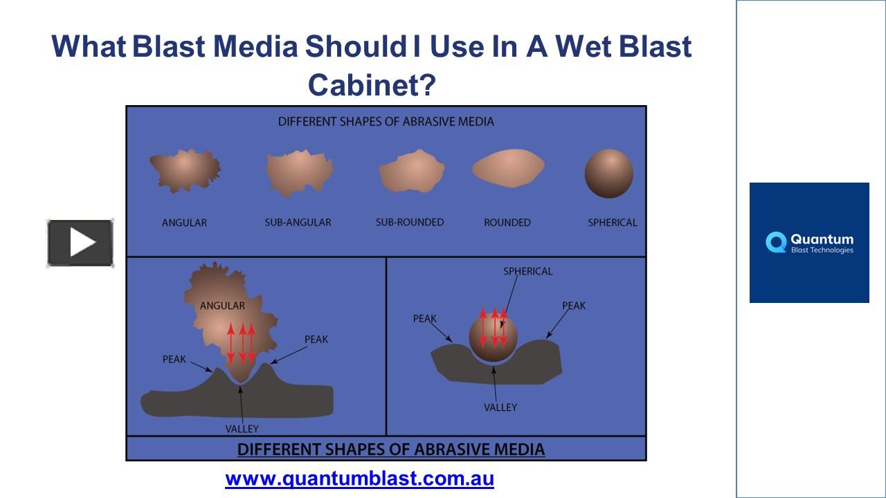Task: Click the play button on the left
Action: (x=80, y=243)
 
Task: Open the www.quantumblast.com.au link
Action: (x=359, y=478)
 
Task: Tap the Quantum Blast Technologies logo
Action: (x=808, y=243)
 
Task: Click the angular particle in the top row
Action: (x=184, y=170)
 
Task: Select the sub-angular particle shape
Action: (x=298, y=172)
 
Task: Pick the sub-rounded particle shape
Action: (x=411, y=172)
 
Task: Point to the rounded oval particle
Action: (x=507, y=169)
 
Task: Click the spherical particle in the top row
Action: (x=608, y=174)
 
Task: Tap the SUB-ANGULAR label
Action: (x=298, y=223)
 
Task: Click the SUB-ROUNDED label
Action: (x=410, y=222)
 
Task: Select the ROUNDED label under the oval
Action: (x=507, y=223)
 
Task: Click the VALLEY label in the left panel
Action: (x=242, y=429)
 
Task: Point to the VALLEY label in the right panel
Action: (x=500, y=407)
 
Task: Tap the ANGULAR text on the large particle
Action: (x=222, y=306)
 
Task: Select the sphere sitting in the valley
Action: (x=494, y=337)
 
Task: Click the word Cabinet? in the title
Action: (x=372, y=85)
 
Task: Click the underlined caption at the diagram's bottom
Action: (x=391, y=450)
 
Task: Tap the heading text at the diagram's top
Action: (x=386, y=122)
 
